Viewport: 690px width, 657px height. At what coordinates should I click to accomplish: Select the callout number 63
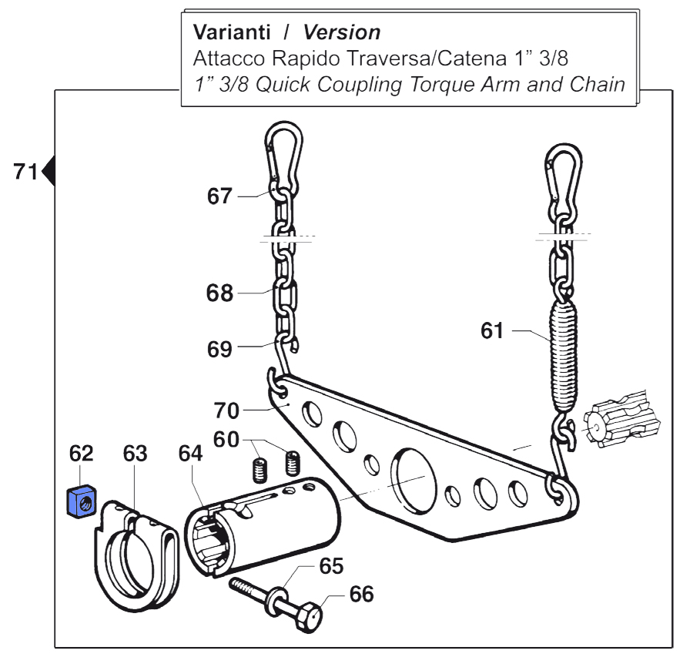click(136, 454)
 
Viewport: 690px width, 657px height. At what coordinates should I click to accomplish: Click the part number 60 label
click(226, 439)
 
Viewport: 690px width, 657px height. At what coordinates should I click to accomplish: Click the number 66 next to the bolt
click(361, 594)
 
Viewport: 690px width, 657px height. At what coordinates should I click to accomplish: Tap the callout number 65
click(333, 567)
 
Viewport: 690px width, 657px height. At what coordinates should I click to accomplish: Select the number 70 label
click(227, 409)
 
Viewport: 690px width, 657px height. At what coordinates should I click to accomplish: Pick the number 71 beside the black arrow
click(25, 171)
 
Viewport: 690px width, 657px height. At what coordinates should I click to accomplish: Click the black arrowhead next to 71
click(49, 171)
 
